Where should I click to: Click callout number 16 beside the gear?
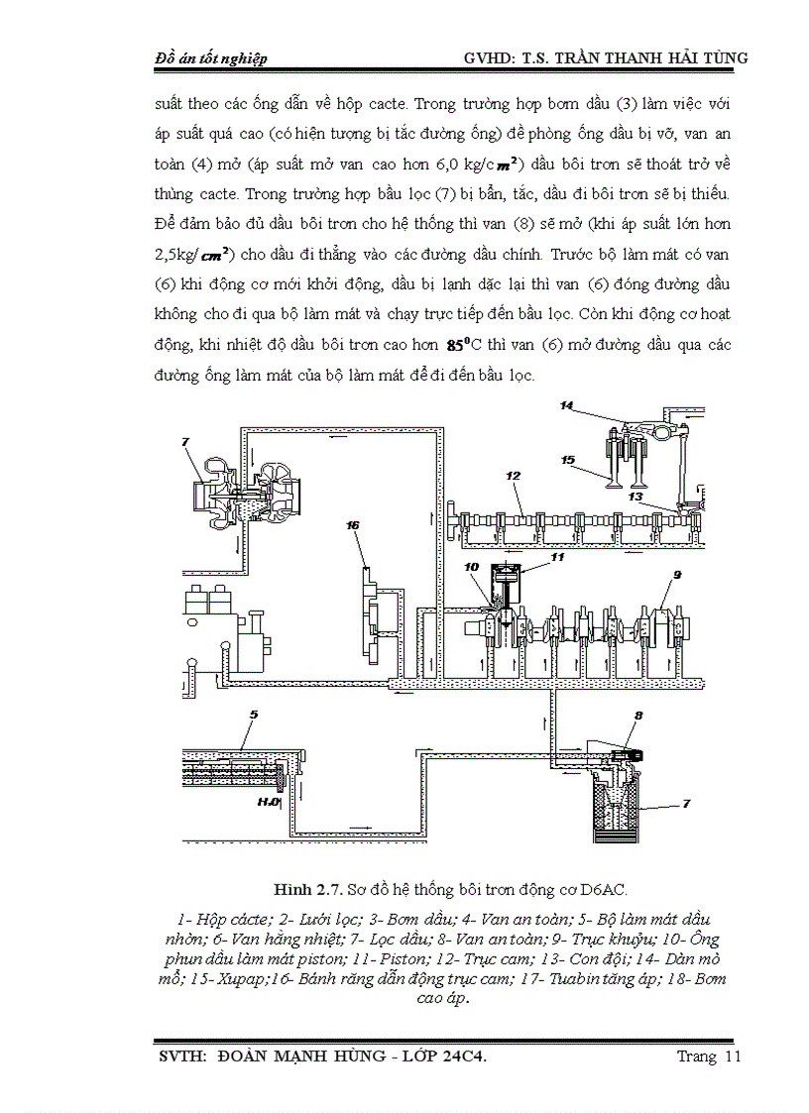(x=352, y=525)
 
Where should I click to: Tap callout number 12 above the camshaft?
(x=513, y=476)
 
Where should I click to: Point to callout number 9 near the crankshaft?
(x=677, y=574)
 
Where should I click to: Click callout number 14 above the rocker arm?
(x=566, y=405)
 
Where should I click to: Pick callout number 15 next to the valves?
(x=568, y=460)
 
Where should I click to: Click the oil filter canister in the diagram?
(x=616, y=807)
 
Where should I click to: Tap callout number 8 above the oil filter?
(x=639, y=715)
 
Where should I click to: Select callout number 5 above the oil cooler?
(x=254, y=714)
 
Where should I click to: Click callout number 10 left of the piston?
(x=472, y=567)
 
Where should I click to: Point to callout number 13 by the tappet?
(x=636, y=495)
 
